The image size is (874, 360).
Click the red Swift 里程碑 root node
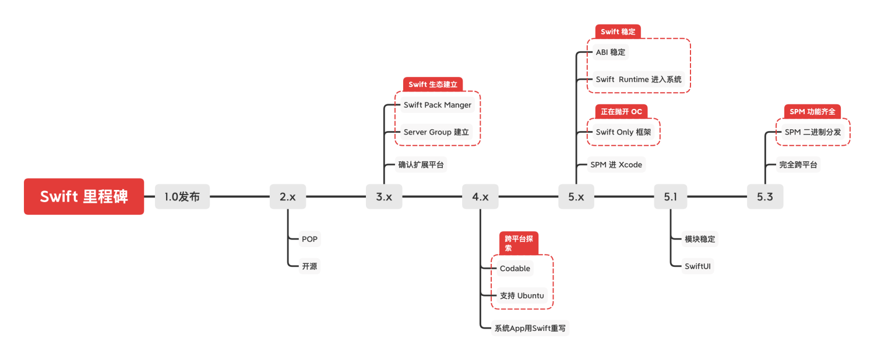click(x=84, y=196)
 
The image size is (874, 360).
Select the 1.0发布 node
click(x=182, y=196)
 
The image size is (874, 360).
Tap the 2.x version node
click(x=288, y=196)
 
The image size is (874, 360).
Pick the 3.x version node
click(x=384, y=196)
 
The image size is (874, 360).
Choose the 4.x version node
click(x=480, y=196)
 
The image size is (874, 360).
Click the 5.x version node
click(x=576, y=196)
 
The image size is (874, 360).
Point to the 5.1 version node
click(x=670, y=196)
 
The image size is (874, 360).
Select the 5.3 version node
click(x=765, y=196)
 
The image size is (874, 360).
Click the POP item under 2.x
click(x=309, y=239)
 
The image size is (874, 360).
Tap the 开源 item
click(x=309, y=266)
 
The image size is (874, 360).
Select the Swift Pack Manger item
click(x=437, y=105)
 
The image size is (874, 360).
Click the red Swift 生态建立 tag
click(x=432, y=84)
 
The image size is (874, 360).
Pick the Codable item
click(x=515, y=268)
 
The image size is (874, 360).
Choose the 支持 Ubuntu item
click(x=521, y=295)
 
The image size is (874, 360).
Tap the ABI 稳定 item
click(x=610, y=52)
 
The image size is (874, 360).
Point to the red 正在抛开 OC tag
click(x=621, y=111)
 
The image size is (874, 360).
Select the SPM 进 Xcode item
click(x=616, y=165)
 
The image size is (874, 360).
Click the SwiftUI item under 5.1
click(x=698, y=266)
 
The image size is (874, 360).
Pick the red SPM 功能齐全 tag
click(x=812, y=111)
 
